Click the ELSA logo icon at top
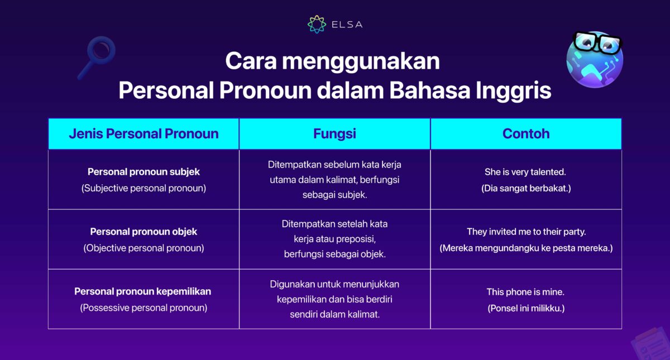click(x=317, y=24)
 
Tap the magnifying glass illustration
click(x=97, y=56)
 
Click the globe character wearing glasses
click(x=595, y=59)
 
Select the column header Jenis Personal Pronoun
click(x=143, y=134)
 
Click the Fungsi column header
click(x=334, y=134)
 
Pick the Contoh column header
click(x=526, y=134)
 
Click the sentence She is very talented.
click(x=526, y=172)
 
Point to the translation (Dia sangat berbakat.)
click(x=526, y=189)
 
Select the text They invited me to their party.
click(x=526, y=232)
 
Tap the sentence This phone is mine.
click(x=526, y=292)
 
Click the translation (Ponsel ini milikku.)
click(x=526, y=308)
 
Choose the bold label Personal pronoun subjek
click(x=143, y=172)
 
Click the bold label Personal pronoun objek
click(x=143, y=232)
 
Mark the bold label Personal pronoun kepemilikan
click(x=143, y=291)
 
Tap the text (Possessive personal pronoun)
click(x=143, y=308)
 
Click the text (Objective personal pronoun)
click(x=143, y=248)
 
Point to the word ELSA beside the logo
click(x=347, y=25)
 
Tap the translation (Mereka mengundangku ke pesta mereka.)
click(x=526, y=248)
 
